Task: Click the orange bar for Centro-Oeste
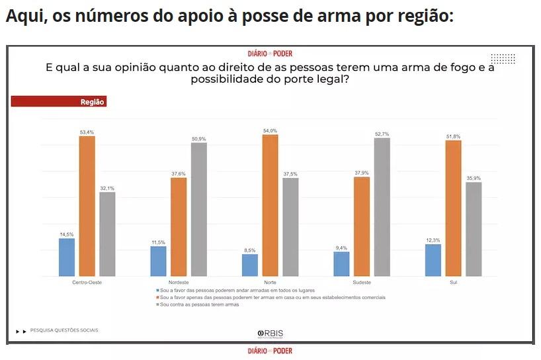87,206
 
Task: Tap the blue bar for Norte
250,265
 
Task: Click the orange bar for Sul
453,208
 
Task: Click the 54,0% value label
270,131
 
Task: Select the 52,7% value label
382,134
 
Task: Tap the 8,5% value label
250,250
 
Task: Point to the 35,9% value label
474,178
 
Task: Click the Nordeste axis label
179,283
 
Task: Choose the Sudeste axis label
362,283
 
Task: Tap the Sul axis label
453,283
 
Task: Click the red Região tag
59,102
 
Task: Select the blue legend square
157,291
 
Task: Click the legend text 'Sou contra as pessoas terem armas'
199,304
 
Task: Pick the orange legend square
157,298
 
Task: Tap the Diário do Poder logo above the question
270,54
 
